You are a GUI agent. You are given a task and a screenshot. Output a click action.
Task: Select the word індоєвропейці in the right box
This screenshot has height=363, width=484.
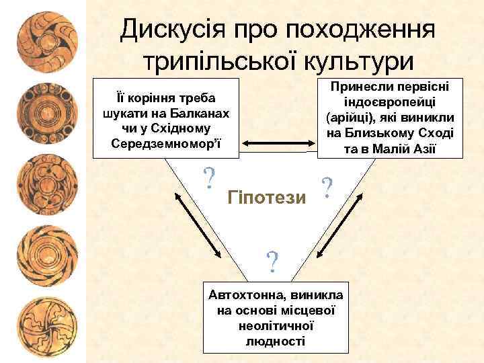tap(390, 102)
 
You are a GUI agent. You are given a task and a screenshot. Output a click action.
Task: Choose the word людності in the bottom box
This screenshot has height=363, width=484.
tap(276, 341)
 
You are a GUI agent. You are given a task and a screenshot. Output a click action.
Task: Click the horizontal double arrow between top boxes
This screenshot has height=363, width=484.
tap(279, 143)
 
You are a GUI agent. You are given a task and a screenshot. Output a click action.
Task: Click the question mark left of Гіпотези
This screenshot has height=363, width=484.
tap(210, 178)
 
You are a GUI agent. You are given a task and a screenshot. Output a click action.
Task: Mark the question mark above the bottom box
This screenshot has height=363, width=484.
tap(272, 261)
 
